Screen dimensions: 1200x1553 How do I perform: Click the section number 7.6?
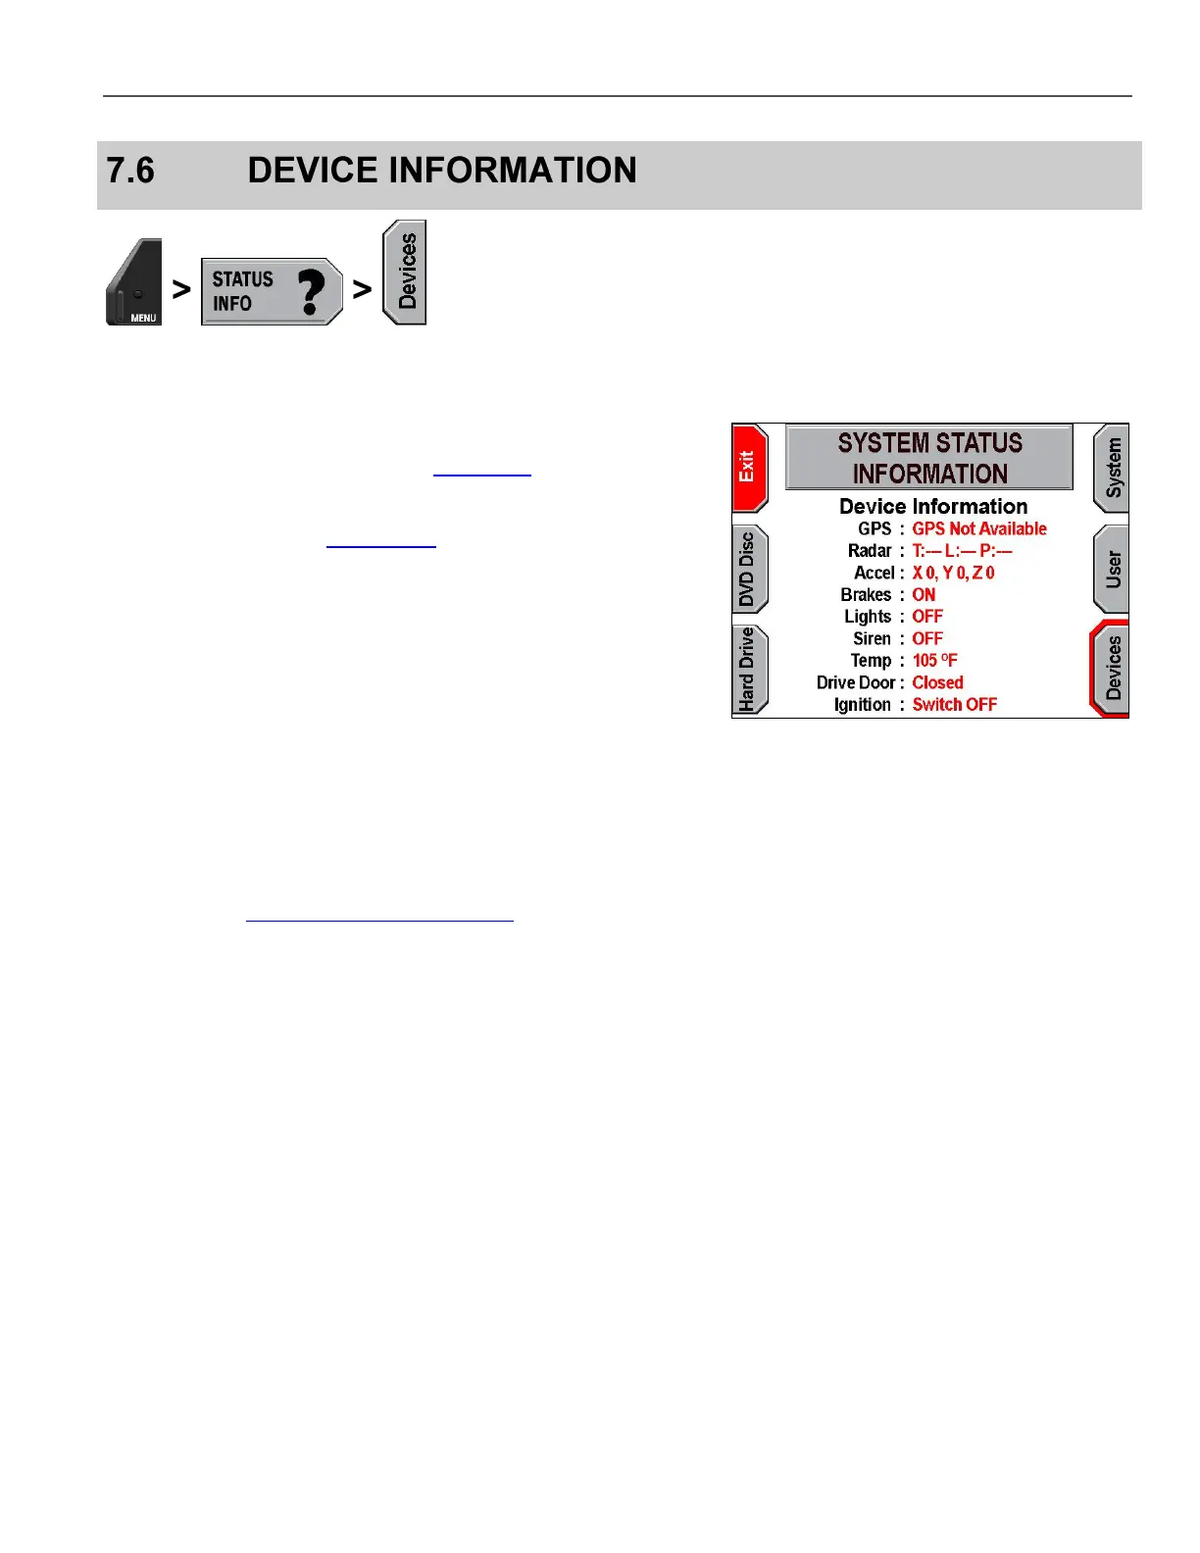pos(130,171)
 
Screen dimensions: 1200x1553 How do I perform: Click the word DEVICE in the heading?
pos(313,171)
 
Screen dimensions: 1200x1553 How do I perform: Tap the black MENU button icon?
pos(134,283)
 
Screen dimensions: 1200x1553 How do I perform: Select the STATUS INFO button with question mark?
pos(272,291)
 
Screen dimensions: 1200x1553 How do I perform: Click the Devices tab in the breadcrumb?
pos(405,273)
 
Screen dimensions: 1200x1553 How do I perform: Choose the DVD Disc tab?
pos(749,570)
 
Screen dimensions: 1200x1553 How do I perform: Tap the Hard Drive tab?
pos(749,670)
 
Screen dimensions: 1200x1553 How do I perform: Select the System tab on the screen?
pos(1112,469)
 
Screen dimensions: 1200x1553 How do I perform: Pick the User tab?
pos(1112,569)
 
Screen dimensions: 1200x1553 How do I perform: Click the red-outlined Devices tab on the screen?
pos(1111,669)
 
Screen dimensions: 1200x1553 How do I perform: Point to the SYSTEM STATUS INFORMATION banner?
pos(929,458)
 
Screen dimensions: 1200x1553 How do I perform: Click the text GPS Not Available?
pos(978,529)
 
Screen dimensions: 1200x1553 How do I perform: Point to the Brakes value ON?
pos(924,595)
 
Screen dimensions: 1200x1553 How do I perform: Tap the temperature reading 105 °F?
pos(934,661)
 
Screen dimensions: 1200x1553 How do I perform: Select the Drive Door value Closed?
pos(937,683)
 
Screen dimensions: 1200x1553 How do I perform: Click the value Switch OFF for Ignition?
pos(954,705)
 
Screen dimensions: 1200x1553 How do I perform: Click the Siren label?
pos(871,639)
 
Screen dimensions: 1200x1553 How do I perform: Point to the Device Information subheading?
pos(932,507)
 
